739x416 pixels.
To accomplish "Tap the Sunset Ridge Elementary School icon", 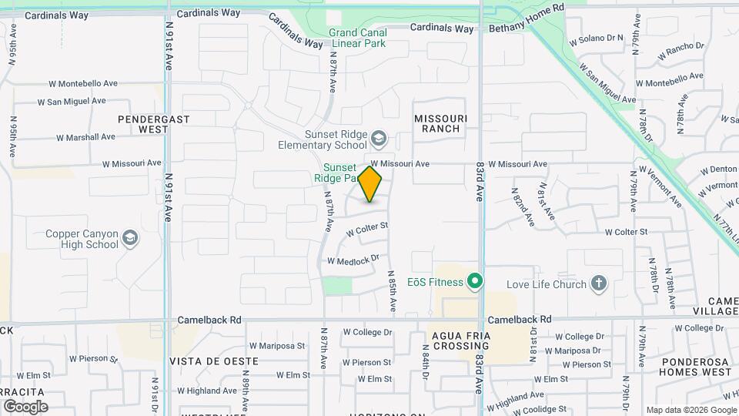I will (x=378, y=139).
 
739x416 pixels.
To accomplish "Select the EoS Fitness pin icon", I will (x=476, y=282).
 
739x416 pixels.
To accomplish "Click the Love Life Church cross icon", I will (x=600, y=284).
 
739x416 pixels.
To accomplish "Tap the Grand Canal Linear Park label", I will (x=357, y=38).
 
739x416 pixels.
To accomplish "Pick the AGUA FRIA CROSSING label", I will (x=461, y=341).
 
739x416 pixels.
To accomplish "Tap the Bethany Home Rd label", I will (x=527, y=29).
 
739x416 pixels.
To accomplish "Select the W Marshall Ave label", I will (x=85, y=136).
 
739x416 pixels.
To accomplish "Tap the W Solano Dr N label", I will (x=595, y=37).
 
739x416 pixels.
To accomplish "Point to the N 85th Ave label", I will (x=392, y=290).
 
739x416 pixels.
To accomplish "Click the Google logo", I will (x=26, y=406).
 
